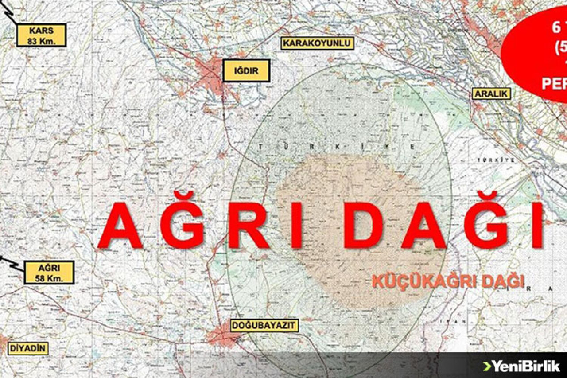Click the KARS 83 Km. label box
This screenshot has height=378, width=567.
tap(41, 35)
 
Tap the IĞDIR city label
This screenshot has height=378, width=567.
tap(246, 70)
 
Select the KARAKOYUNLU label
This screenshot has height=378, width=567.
tap(318, 43)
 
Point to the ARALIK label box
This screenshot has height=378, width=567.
tap(491, 94)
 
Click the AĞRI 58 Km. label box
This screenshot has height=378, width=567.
tap(49, 273)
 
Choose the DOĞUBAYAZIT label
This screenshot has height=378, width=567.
tap(264, 326)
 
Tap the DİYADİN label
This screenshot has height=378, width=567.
tap(27, 348)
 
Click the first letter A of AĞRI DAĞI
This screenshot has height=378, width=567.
tap(120, 227)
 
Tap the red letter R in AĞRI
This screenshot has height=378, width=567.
tap(248, 227)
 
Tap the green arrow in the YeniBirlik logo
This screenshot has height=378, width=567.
tap(486, 366)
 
